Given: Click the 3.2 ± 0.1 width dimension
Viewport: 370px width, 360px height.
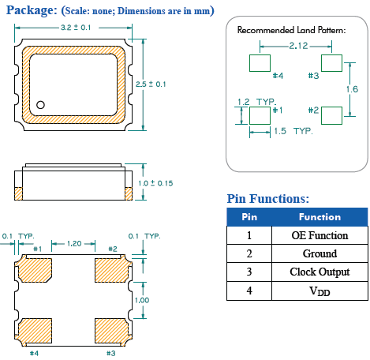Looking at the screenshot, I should pyautogui.click(x=77, y=28).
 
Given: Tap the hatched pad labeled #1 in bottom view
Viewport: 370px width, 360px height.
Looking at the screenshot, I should pyautogui.click(x=34, y=270).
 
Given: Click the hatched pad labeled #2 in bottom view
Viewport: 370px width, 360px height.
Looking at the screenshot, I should pyautogui.click(x=112, y=270).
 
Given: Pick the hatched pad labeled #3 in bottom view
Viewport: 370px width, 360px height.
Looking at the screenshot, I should pyautogui.click(x=112, y=329).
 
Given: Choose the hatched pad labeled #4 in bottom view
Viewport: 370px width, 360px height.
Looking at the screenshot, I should pyautogui.click(x=34, y=329).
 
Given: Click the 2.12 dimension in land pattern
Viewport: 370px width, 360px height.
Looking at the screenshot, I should pyautogui.click(x=297, y=46).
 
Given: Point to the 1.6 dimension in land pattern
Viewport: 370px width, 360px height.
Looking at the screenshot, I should pyautogui.click(x=354, y=89).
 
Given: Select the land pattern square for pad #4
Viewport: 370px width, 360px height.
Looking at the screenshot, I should pyautogui.click(x=260, y=62).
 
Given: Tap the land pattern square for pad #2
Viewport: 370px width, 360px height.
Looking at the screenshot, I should pyautogui.click(x=332, y=114).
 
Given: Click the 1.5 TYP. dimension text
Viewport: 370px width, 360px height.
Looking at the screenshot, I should pyautogui.click(x=291, y=130).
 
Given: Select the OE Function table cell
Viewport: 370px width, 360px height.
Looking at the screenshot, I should pyautogui.click(x=320, y=235).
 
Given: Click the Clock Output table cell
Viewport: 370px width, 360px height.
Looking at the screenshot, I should pyautogui.click(x=320, y=272).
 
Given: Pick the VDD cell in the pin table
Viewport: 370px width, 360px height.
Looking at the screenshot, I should pyautogui.click(x=320, y=291).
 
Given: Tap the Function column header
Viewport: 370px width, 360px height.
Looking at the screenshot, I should pyautogui.click(x=320, y=216).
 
